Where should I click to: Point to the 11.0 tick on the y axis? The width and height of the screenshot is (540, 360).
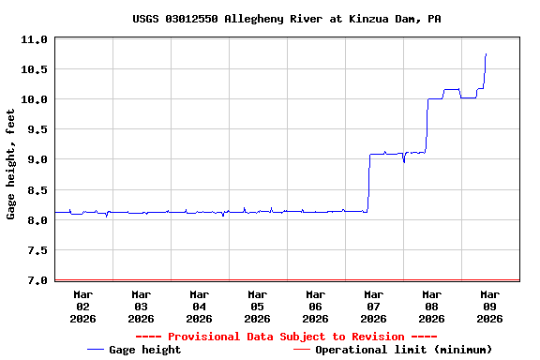point(35,39)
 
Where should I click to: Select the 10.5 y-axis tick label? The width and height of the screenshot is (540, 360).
point(35,69)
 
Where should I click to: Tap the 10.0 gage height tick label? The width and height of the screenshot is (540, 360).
point(35,99)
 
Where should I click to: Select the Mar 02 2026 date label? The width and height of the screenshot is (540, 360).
point(82,306)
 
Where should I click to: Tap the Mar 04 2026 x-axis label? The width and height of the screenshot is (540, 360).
point(199,306)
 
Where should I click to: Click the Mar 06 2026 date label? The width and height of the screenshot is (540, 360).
point(315,306)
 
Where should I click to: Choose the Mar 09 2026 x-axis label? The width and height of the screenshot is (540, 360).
point(489,306)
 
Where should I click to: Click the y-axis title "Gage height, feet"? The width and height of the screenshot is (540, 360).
point(11,164)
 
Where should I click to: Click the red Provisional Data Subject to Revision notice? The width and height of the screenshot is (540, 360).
point(287,337)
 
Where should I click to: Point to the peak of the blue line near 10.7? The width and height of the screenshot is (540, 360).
point(486,54)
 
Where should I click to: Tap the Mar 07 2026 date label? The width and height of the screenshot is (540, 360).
point(373,306)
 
